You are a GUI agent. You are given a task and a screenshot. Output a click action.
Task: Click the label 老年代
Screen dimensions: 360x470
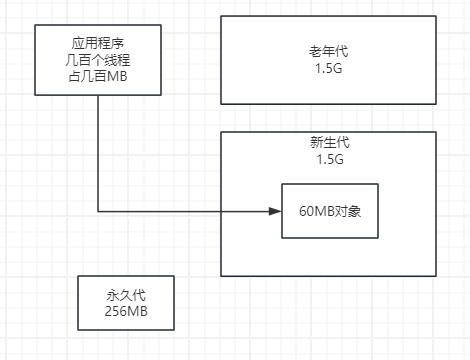329,52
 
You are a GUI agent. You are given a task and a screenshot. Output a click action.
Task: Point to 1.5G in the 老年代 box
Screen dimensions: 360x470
329,68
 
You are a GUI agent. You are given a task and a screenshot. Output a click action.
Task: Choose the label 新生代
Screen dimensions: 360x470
329,142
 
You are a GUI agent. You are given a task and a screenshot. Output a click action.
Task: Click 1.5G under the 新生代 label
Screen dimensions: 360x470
329,159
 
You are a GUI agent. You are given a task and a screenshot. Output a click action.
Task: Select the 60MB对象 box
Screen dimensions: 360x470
330,211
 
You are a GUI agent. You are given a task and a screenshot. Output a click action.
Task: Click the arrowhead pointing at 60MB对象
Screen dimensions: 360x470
277,211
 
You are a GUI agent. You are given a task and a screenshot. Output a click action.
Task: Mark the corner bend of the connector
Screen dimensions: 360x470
98,211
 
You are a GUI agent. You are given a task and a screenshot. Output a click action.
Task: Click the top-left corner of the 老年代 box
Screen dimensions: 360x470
221,16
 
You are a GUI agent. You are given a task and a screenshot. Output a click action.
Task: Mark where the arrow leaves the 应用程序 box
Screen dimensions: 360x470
98,96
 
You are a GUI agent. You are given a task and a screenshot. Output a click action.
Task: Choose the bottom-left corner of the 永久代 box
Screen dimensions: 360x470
78,330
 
